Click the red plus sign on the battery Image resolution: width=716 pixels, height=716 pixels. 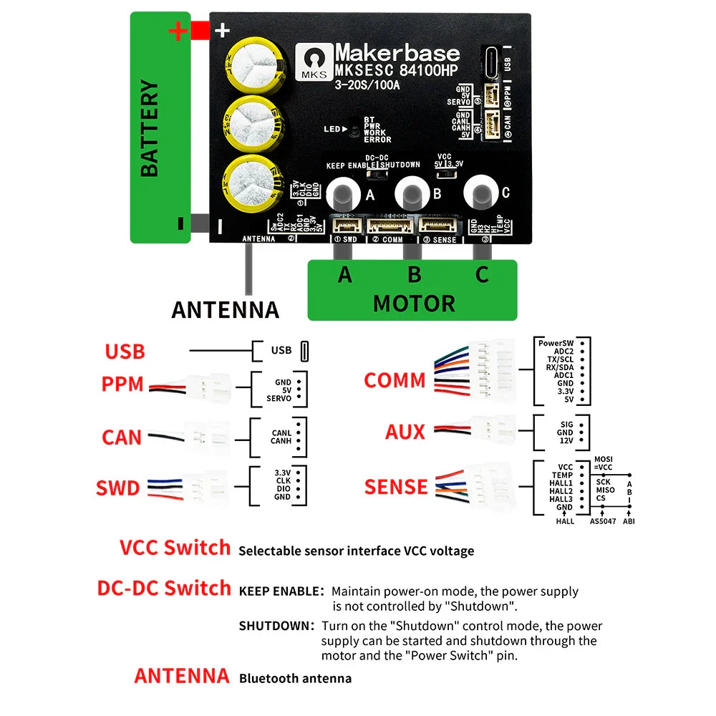click(178, 32)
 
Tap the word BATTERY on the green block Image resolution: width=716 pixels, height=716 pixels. click(149, 128)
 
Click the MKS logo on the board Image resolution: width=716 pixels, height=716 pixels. click(314, 63)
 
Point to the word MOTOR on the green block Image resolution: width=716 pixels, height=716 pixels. click(413, 303)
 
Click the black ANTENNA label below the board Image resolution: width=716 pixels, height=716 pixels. click(225, 309)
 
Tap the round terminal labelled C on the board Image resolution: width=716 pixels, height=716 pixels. click(480, 192)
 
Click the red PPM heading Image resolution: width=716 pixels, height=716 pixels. click(122, 384)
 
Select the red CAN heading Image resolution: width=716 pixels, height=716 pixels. click(122, 437)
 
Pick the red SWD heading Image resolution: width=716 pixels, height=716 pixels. click(118, 488)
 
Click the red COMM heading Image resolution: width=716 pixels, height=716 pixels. click(395, 380)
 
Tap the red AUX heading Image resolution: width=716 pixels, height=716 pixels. click(405, 432)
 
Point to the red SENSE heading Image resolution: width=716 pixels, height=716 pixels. click(396, 487)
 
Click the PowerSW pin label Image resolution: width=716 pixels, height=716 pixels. click(556, 343)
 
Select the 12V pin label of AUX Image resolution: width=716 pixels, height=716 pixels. click(565, 442)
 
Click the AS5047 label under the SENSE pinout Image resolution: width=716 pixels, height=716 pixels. click(602, 521)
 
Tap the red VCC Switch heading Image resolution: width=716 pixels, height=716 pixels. click(175, 548)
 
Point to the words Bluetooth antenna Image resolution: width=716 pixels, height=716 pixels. click(295, 678)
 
